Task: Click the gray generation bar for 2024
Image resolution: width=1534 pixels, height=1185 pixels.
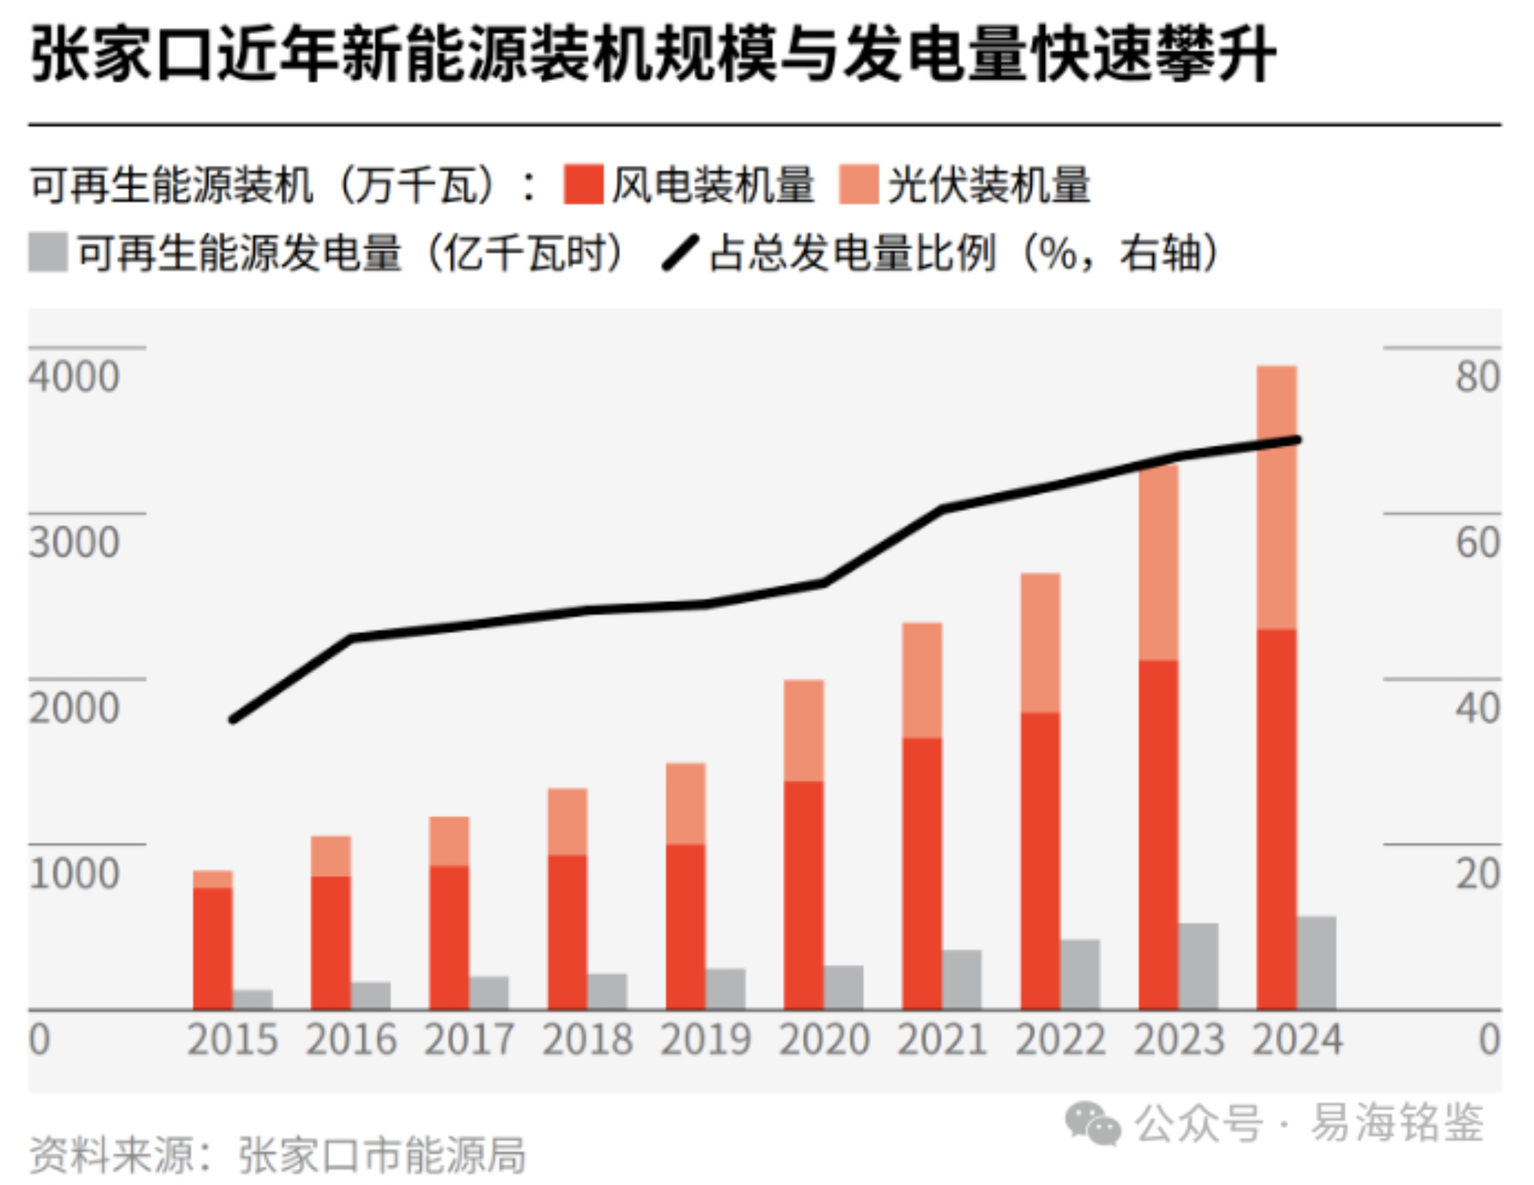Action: tap(1316, 962)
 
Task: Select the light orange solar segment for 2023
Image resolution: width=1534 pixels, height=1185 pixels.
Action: tap(1158, 562)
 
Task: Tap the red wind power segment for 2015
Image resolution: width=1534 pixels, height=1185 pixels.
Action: tap(212, 948)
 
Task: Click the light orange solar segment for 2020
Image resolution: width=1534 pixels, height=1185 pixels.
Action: tap(803, 730)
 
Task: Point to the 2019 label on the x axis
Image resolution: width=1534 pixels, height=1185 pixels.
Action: tap(705, 1040)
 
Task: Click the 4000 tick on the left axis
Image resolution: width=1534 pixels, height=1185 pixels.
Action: tap(74, 377)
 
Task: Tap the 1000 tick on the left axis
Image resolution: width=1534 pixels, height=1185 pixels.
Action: tap(74, 874)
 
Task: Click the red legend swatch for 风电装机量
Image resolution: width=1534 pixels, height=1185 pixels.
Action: tap(583, 185)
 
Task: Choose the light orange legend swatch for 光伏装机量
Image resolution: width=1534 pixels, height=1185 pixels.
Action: tap(859, 185)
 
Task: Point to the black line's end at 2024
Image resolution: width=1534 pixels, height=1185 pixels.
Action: tap(1298, 440)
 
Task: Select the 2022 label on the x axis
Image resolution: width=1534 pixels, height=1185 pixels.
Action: tap(1060, 1040)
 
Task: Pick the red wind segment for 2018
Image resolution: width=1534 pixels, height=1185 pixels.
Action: tap(568, 932)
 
